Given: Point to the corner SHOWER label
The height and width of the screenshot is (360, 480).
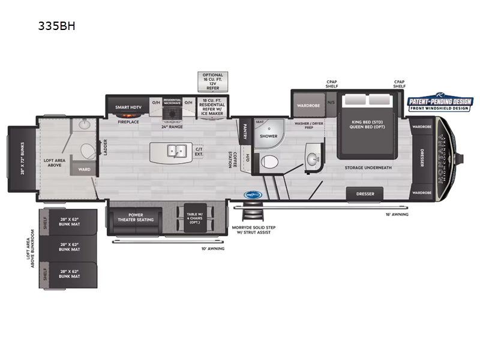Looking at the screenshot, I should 268,136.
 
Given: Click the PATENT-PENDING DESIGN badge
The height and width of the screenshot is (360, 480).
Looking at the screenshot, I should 440,104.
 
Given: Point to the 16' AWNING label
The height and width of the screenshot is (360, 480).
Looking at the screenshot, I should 397,214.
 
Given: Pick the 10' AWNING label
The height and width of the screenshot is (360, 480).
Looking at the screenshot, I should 212,248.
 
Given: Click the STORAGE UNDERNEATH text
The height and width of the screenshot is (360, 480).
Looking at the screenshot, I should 368,167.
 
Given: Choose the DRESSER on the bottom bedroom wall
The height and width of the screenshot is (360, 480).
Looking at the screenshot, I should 365,194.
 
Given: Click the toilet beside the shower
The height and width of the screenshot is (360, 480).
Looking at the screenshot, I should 269,161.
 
